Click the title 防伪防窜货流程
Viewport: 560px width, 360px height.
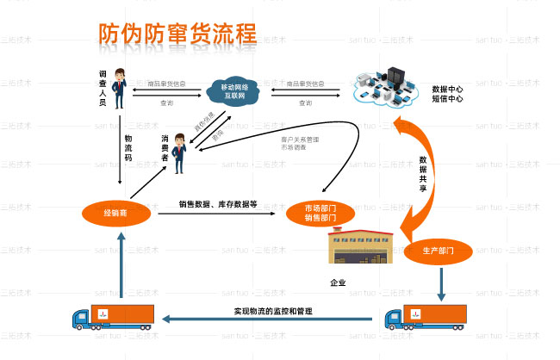(177, 34)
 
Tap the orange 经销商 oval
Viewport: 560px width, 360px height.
(115, 212)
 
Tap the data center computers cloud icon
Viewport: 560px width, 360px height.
(384, 88)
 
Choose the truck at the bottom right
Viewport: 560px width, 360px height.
(426, 316)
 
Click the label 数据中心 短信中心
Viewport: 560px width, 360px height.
(447, 94)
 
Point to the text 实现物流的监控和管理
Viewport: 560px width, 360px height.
(272, 310)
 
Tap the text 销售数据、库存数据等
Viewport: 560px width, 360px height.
(218, 204)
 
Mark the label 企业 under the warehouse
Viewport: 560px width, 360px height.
(338, 282)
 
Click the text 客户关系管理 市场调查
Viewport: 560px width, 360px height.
(299, 142)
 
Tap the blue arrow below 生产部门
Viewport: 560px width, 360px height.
(442, 282)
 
